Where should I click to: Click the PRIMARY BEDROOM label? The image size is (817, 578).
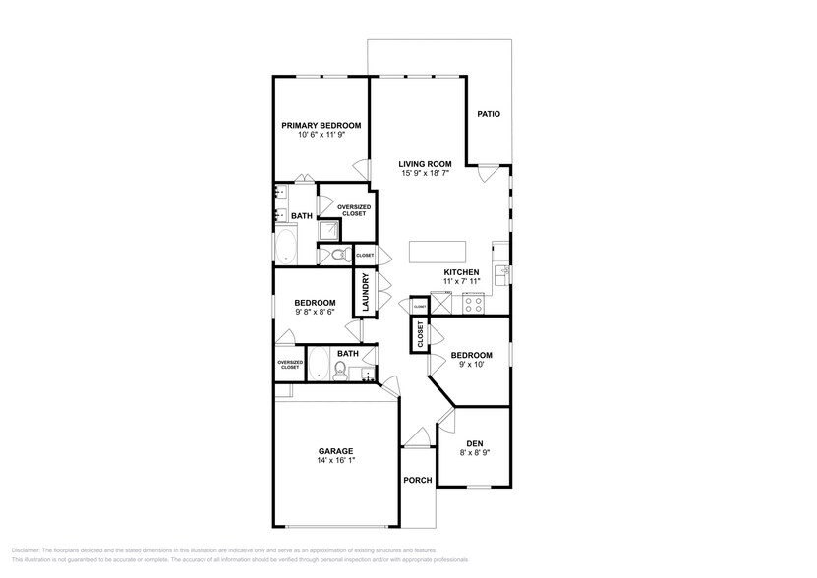321,125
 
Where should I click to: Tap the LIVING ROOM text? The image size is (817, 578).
425,164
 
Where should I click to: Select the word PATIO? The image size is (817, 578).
489,114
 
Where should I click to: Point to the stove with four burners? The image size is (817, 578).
474,305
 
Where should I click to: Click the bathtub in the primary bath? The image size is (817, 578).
288,245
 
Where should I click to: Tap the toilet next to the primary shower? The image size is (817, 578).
337,255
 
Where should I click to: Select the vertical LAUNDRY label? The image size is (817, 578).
365,292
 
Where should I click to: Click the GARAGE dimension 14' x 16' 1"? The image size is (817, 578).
335,461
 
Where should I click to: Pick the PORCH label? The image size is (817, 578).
419,481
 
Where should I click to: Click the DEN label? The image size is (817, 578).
474,443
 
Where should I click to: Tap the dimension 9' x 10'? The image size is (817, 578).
471,365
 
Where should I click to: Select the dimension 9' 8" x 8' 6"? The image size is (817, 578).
315,312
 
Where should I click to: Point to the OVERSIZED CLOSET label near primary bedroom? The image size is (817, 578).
353,210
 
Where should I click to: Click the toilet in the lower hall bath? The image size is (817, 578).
340,371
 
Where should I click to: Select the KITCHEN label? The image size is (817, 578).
461,272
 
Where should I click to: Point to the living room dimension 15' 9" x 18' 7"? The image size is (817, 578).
425,174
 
